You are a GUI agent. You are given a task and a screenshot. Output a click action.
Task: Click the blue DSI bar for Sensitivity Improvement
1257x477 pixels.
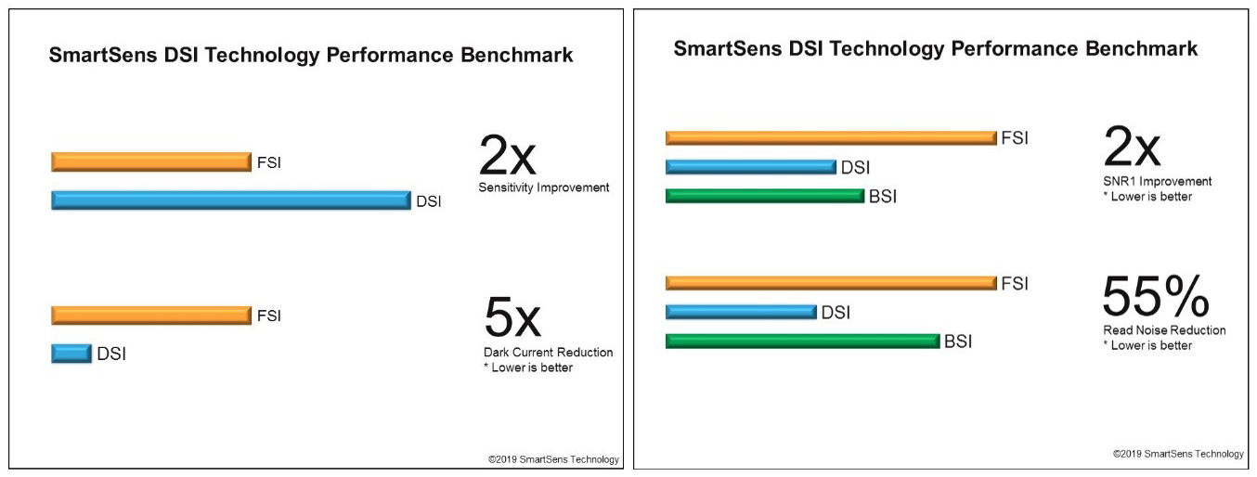pos(230,200)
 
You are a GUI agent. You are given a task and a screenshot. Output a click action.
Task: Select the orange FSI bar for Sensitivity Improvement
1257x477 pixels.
pos(151,162)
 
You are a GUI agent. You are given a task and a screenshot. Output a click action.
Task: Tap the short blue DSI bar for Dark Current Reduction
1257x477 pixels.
pos(71,353)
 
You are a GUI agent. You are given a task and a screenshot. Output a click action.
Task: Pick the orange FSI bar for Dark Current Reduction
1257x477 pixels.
pos(151,316)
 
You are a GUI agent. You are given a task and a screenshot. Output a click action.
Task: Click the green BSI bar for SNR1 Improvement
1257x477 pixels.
pos(765,196)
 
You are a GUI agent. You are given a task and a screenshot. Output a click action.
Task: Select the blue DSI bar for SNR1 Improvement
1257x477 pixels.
pos(751,167)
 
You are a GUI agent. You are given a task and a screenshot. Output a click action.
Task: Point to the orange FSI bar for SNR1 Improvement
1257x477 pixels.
pos(831,138)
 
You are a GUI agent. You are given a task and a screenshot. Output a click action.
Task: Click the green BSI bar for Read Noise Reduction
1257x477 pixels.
pos(803,341)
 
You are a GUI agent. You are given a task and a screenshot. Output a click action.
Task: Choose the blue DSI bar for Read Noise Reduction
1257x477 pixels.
pos(741,312)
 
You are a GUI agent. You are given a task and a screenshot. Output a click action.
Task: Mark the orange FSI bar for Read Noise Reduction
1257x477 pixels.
pos(831,283)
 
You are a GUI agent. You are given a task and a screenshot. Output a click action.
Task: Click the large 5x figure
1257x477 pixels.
pos(512,317)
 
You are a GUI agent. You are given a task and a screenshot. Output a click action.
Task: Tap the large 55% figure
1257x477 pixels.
pos(1156,297)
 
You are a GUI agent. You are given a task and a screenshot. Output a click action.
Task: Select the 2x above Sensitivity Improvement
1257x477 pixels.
pos(507,156)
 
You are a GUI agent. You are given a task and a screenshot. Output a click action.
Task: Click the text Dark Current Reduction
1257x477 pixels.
pos(548,353)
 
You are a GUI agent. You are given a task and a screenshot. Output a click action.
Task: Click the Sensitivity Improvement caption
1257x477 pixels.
pos(544,187)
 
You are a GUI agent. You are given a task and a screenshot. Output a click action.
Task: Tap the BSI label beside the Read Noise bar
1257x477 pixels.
pos(958,342)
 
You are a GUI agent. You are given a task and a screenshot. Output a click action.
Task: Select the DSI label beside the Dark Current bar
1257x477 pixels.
pos(111,354)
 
